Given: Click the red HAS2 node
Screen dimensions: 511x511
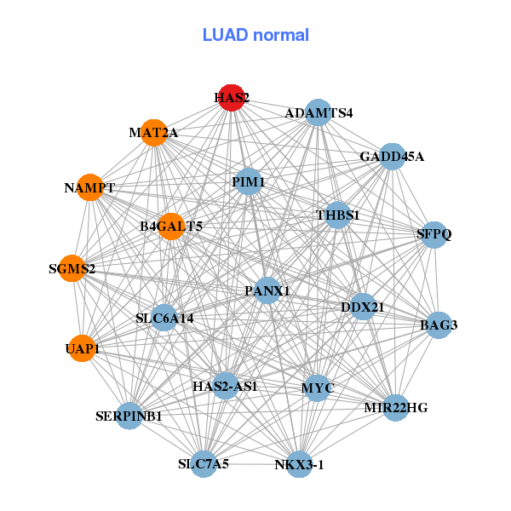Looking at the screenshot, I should pos(232,98).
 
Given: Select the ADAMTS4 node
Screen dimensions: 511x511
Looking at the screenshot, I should pos(318,113).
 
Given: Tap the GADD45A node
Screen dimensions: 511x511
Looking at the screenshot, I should pos(391,157).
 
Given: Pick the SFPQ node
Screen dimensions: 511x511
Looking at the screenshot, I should pos(434,235).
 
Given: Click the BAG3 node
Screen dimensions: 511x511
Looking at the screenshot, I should pos(439,324).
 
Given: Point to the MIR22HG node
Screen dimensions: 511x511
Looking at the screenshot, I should pos(395,408).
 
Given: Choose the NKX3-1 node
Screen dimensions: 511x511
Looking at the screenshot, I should pos(299,464).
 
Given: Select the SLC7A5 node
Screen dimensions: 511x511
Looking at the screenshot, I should pos(204,464).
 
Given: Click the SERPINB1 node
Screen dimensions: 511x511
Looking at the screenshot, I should pos(129,416).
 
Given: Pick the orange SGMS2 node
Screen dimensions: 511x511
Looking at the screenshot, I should pos(72,269).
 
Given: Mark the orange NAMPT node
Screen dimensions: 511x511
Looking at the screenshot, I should pos(89,187).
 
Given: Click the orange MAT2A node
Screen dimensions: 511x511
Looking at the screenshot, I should pos(153,132).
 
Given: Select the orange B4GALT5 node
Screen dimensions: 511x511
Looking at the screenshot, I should pos(171,226).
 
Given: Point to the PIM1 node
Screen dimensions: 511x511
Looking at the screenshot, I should pos(248,181).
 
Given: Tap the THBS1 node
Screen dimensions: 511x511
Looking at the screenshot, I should pos(338,215).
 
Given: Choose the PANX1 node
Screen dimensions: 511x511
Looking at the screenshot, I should pos(267,290).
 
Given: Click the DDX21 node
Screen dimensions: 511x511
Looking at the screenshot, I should pos(363,307).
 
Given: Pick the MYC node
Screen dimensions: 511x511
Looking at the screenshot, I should pos(318,388).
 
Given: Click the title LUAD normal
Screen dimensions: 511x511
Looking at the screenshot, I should pos(255,35).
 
